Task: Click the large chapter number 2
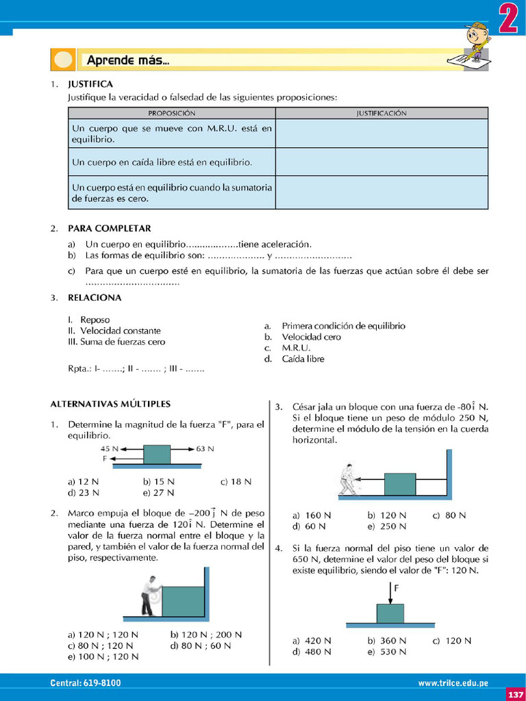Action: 507,19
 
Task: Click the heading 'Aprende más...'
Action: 128,60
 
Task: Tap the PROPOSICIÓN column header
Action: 171,113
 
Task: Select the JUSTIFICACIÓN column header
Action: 381,113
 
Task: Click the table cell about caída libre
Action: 162,162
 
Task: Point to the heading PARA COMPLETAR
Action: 109,228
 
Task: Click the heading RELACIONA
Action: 95,298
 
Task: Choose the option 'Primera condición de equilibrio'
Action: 343,326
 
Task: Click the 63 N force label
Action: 205,449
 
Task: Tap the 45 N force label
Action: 110,449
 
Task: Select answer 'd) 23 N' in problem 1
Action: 84,492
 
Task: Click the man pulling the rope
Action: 348,479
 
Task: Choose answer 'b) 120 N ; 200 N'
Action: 205,635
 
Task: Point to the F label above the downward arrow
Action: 397,588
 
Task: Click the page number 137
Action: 515,695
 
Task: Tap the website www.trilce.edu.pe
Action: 453,683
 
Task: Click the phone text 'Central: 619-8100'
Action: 85,683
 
